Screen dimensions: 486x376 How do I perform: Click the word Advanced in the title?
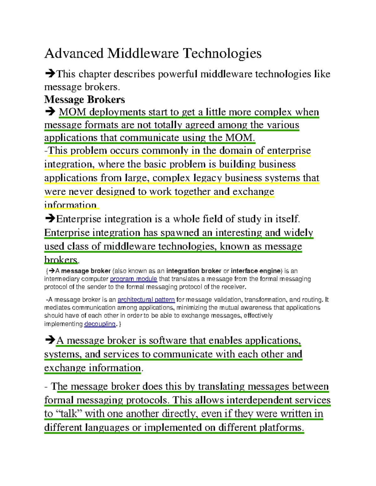pyautogui.click(x=74, y=54)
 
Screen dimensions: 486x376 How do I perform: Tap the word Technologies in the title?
pyautogui.click(x=222, y=54)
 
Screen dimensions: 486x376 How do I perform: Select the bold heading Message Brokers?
pyautogui.click(x=85, y=100)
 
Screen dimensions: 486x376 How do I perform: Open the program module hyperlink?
pyautogui.click(x=133, y=279)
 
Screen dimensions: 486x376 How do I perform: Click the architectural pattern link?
pyautogui.click(x=146, y=300)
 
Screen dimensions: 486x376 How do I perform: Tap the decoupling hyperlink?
pyautogui.click(x=100, y=324)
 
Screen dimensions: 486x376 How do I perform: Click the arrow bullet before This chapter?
pyautogui.click(x=50, y=74)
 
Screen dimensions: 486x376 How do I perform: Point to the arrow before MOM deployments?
pyautogui.click(x=50, y=112)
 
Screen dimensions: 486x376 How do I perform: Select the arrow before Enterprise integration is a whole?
pyautogui.click(x=50, y=218)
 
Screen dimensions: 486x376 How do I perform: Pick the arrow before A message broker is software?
pyautogui.click(x=50, y=340)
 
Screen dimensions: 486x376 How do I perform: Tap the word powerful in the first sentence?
pyautogui.click(x=178, y=74)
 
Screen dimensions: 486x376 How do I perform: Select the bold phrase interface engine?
pyautogui.click(x=256, y=271)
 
